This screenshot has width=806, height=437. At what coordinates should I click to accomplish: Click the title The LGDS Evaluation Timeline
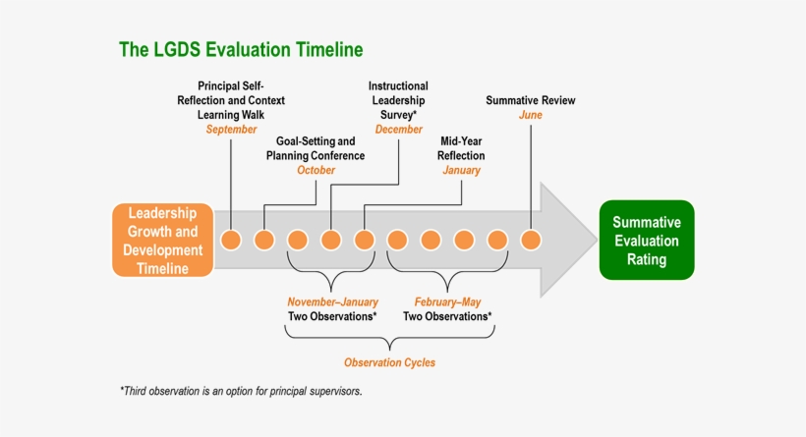(241, 48)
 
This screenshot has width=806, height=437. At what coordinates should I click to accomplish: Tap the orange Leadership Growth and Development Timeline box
(163, 240)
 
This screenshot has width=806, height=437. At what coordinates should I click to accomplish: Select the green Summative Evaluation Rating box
(647, 240)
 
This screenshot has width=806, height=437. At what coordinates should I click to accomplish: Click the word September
(231, 130)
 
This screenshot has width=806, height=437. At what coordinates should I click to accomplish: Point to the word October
(316, 170)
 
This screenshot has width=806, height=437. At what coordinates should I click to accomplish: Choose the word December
(398, 130)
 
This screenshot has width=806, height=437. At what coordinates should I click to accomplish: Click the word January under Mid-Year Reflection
(461, 170)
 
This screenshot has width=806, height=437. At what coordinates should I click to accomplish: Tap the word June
(531, 116)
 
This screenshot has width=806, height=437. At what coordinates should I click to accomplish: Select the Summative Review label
(531, 100)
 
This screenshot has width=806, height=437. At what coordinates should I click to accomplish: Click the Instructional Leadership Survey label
(398, 100)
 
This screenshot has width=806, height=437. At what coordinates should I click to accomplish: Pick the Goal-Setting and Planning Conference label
(316, 148)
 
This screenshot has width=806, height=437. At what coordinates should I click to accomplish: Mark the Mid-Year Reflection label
(461, 148)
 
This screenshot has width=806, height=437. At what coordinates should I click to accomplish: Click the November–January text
(332, 301)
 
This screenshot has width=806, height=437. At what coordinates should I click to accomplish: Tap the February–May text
(447, 301)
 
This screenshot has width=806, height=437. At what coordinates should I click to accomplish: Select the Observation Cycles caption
(389, 362)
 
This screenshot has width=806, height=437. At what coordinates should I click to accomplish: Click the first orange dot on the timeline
(231, 240)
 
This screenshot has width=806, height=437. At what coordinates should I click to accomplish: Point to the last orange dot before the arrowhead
(531, 240)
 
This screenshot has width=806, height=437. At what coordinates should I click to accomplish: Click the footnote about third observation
(241, 391)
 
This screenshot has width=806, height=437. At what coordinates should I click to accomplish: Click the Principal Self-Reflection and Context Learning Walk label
(231, 100)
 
